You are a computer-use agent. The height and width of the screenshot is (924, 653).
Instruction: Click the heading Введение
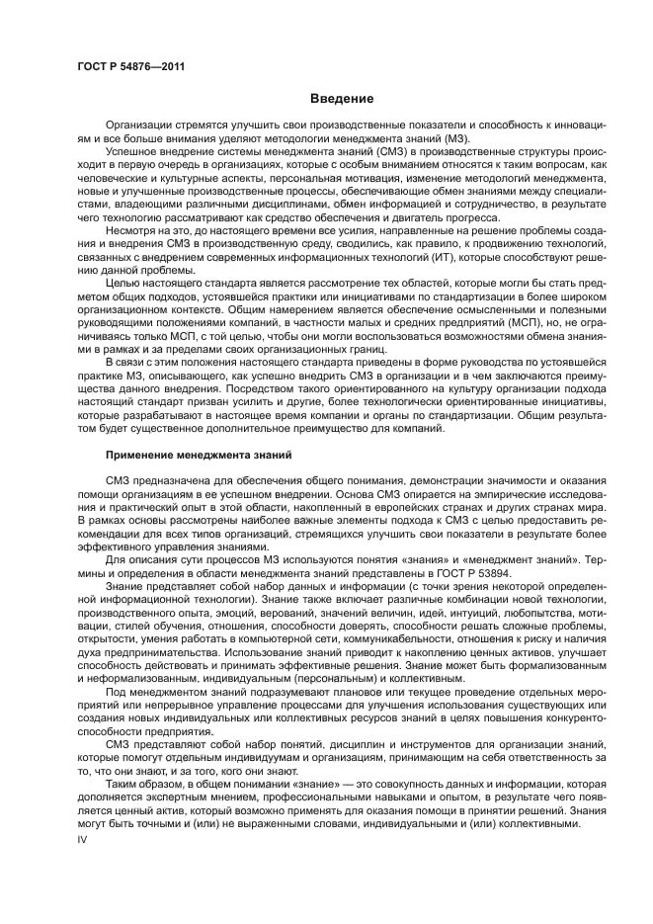pyautogui.click(x=342, y=99)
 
